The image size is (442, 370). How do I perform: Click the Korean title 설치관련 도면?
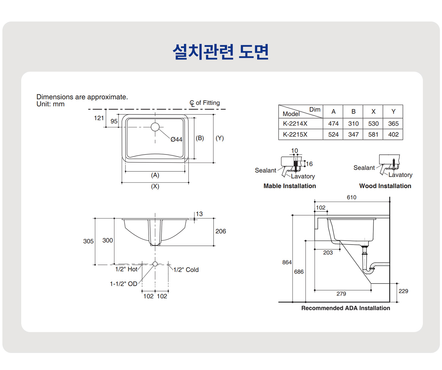click(x=221, y=52)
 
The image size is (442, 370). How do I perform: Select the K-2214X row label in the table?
click(x=295, y=124)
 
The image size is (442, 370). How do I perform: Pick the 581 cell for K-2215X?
click(x=373, y=135)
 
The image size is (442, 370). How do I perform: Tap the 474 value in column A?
click(x=333, y=124)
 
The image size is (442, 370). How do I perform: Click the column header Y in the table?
click(x=393, y=112)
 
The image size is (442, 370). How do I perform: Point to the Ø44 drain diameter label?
click(x=176, y=139)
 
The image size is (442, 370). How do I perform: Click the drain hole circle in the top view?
click(x=155, y=127)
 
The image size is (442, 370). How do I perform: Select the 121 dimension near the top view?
click(x=99, y=118)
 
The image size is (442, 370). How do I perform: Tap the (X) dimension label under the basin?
click(x=155, y=186)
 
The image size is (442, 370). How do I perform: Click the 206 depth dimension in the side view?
click(x=220, y=231)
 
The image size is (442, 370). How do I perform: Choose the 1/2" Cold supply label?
click(x=186, y=270)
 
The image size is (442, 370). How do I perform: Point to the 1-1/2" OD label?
click(x=123, y=284)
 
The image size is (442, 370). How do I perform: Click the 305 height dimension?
click(x=88, y=241)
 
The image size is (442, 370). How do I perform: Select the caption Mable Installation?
click(x=289, y=186)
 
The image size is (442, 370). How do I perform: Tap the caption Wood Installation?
click(x=385, y=186)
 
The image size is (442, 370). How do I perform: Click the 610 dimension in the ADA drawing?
click(x=352, y=197)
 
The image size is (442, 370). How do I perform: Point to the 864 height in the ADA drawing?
click(x=287, y=262)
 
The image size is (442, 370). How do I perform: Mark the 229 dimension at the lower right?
click(x=403, y=291)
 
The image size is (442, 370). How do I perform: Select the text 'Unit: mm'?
click(x=50, y=104)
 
